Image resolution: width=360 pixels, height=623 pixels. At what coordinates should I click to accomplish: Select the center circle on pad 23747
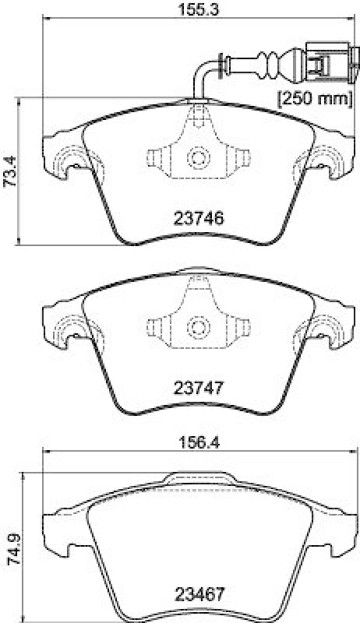coord(197,326)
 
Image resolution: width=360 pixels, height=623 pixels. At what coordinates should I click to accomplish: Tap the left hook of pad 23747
coord(66,329)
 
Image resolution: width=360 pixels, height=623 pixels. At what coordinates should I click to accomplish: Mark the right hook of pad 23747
coord(328,329)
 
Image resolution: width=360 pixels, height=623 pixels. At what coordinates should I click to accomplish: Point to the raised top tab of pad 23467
coord(197,480)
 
